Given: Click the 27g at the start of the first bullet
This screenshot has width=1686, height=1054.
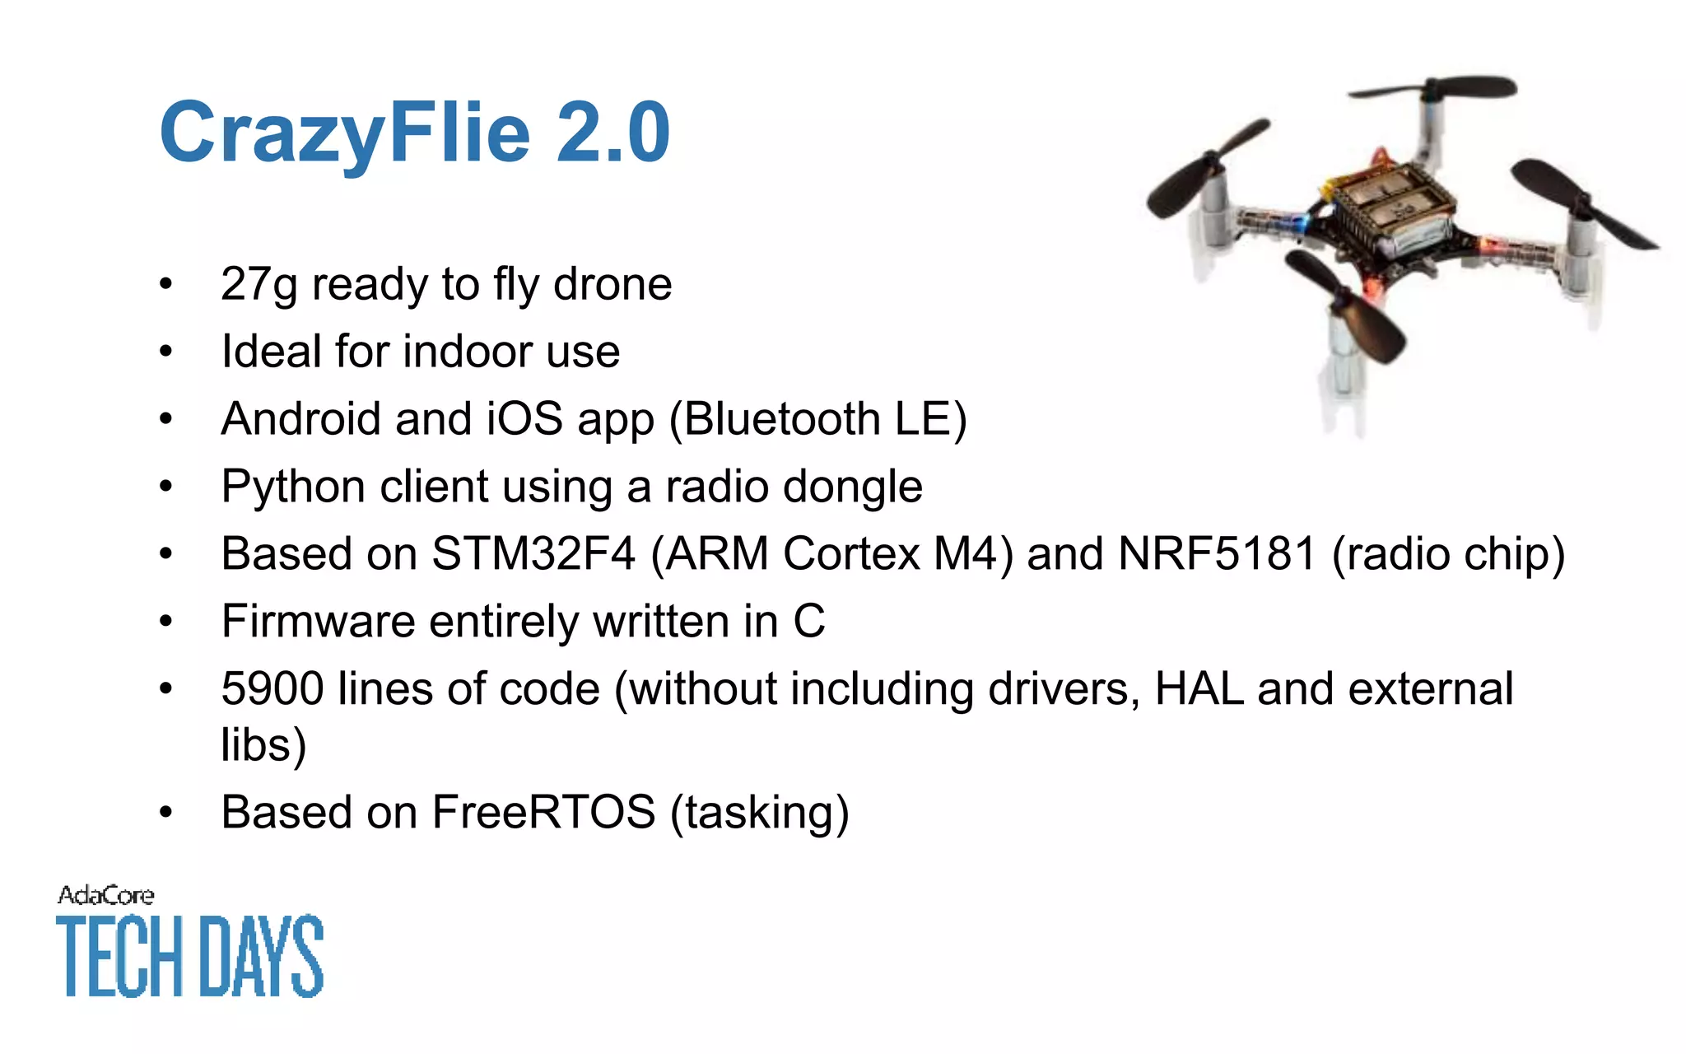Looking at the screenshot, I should click(258, 285).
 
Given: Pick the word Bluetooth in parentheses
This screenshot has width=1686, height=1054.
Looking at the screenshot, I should click(782, 419).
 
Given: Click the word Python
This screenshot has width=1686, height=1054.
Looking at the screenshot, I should click(293, 487).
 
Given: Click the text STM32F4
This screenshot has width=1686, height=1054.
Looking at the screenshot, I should click(533, 554).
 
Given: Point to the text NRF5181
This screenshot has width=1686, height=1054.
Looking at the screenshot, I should click(1216, 554).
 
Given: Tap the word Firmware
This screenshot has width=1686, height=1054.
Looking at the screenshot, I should click(318, 622).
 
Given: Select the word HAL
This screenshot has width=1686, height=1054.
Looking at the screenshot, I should click(1199, 689).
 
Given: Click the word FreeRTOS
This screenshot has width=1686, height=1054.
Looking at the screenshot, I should click(543, 813).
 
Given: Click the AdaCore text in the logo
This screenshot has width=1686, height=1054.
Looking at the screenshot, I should click(105, 896).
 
